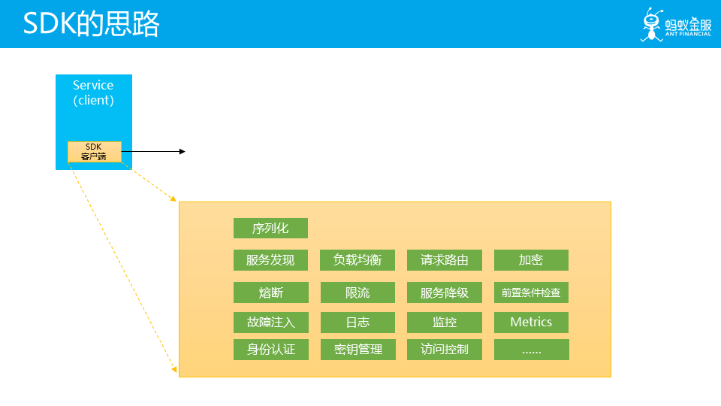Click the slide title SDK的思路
91,25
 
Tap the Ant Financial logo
675,26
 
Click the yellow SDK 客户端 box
94,152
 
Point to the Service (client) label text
94,92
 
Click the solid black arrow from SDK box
153,152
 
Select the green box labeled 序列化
270,229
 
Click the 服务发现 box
270,260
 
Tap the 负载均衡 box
357,260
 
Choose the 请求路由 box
445,260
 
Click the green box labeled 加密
531,260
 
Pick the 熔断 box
270,292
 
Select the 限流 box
357,292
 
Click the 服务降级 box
445,292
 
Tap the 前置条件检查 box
531,292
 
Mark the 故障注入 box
270,323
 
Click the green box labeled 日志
357,323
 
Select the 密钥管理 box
357,350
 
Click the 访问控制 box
445,350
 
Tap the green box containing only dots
531,350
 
